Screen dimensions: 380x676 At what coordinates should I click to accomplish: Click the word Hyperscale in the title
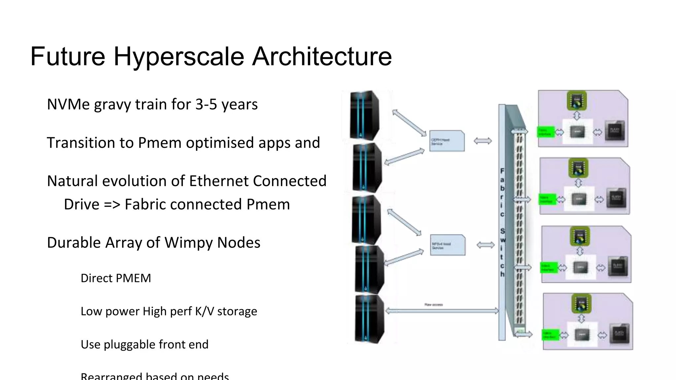[x=179, y=57]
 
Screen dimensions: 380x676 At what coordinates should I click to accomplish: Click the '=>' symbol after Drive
[x=112, y=205]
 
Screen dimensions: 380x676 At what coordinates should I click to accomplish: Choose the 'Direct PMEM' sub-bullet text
[x=116, y=278]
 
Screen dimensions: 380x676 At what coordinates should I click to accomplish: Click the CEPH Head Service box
[x=447, y=141]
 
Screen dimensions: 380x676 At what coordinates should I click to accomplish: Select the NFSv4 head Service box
[x=448, y=245]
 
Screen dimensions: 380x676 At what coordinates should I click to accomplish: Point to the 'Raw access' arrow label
[x=433, y=305]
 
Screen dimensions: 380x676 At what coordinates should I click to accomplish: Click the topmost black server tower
[x=364, y=115]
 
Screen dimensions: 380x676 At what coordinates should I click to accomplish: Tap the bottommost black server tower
[x=369, y=319]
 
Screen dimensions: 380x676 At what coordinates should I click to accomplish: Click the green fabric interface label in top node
[x=545, y=132]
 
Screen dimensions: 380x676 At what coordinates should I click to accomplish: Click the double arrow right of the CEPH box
[x=483, y=141]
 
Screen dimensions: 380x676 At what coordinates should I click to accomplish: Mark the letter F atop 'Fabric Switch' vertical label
[x=502, y=171]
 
